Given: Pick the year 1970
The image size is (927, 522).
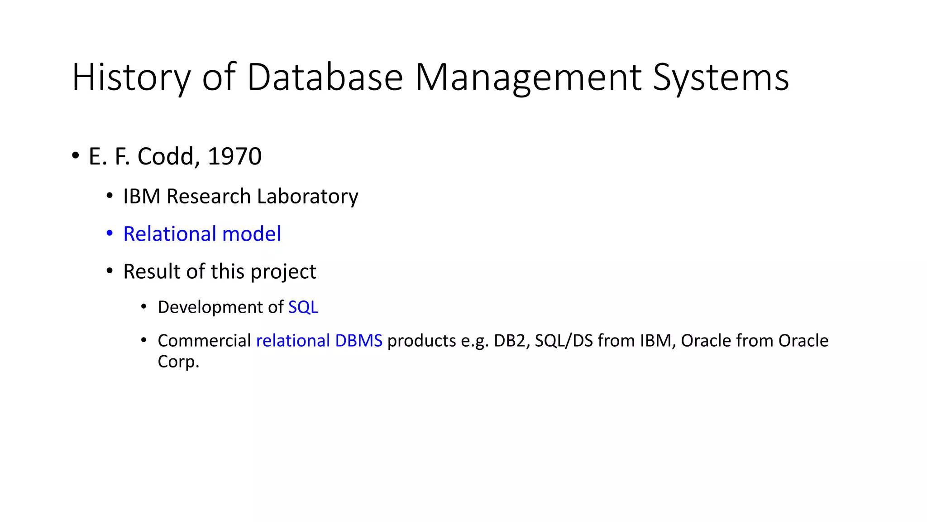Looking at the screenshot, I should click(x=234, y=156).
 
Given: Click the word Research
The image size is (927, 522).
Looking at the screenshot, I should click(x=209, y=196).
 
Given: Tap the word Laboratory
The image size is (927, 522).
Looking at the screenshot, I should click(x=308, y=197).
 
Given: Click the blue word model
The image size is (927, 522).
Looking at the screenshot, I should click(x=252, y=234).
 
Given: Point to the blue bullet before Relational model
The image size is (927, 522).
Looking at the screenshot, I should click(x=110, y=233).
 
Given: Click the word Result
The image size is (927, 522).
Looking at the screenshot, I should click(x=152, y=271).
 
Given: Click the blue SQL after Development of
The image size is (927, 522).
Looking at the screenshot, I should click(x=303, y=307).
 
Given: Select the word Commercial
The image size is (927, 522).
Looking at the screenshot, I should click(x=204, y=341).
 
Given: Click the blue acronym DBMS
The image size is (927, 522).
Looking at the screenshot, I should click(x=358, y=341).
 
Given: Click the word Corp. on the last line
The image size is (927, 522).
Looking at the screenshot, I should click(x=178, y=362).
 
